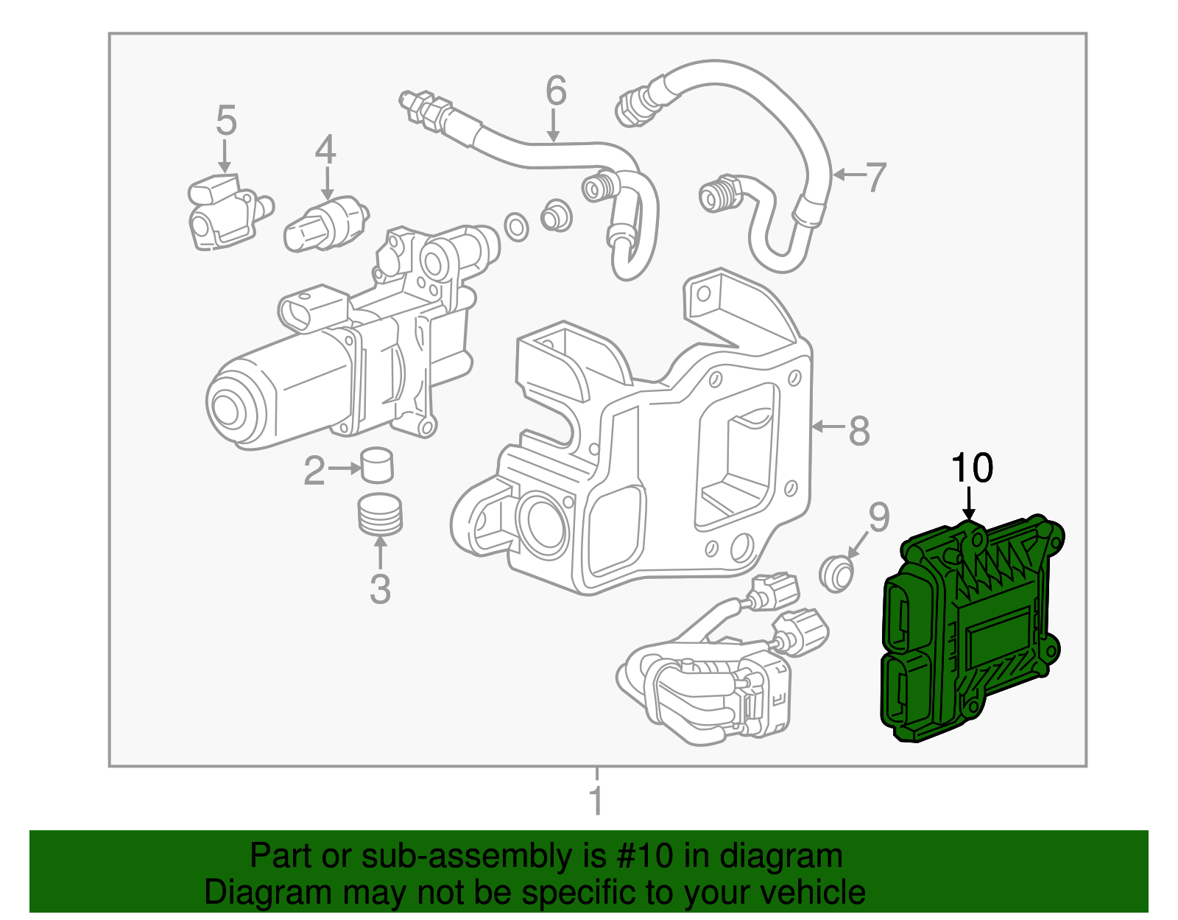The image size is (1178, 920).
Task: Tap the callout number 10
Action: click(x=972, y=468)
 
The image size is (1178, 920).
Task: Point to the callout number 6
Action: click(x=556, y=91)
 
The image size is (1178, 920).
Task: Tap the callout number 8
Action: click(x=858, y=430)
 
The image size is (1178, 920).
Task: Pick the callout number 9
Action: click(x=878, y=517)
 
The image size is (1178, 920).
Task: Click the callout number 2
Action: click(x=314, y=471)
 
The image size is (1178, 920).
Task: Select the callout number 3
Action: click(x=379, y=589)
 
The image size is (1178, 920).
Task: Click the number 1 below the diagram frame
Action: click(x=596, y=801)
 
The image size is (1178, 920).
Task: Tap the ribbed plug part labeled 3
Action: click(x=380, y=513)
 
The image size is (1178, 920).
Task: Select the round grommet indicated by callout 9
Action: click(x=837, y=573)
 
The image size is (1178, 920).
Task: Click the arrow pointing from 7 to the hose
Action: click(x=847, y=175)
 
